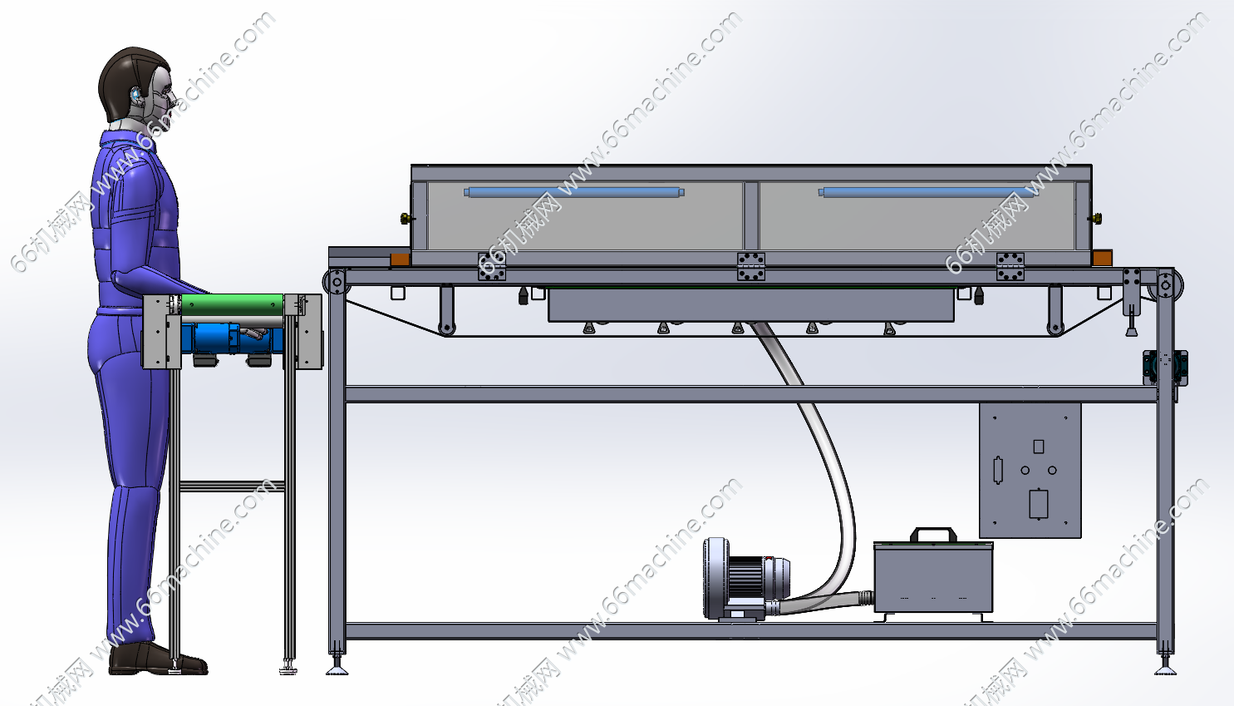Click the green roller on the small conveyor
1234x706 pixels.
pyautogui.click(x=232, y=304)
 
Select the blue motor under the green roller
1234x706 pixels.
pyautogui.click(x=231, y=338)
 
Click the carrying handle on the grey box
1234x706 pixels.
pyautogui.click(x=933, y=534)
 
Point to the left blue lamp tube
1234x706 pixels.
pyautogui.click(x=574, y=192)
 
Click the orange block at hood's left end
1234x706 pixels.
pyautogui.click(x=400, y=259)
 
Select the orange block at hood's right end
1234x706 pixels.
pyautogui.click(x=1103, y=258)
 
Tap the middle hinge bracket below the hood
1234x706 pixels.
pyautogui.click(x=751, y=266)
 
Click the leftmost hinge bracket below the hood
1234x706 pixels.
pyautogui.click(x=491, y=266)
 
